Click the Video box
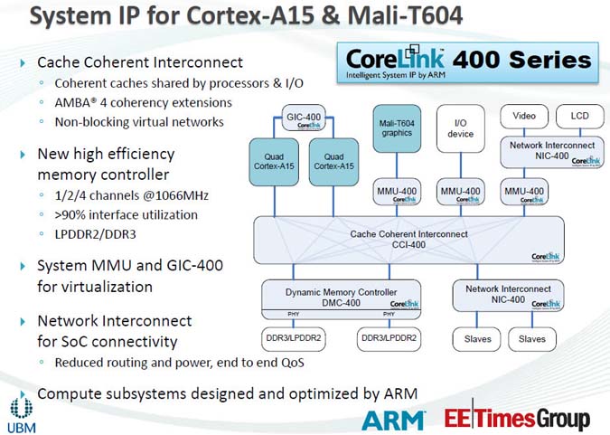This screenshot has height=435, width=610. point(524,116)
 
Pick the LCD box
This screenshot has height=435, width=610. point(573,116)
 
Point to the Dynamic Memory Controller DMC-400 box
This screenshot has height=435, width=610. point(341,295)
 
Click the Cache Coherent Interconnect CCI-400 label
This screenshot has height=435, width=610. point(408,239)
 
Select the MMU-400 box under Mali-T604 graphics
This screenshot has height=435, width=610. point(397,194)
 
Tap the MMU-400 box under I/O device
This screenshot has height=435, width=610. point(460,194)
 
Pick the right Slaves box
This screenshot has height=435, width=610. point(532,339)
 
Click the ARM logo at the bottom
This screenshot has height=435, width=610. point(393,419)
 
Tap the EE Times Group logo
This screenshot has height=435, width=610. point(516,419)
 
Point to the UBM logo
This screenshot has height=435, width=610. point(22,411)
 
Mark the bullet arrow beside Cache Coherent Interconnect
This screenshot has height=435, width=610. point(23,62)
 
